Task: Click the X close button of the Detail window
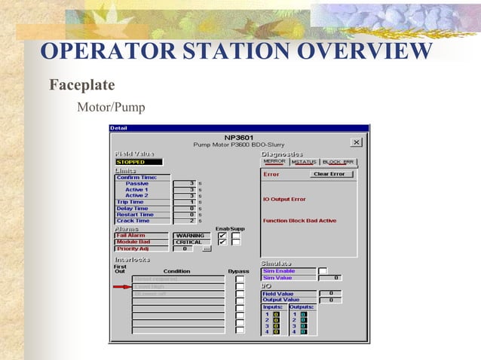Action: click(356, 142)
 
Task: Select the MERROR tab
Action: click(274, 161)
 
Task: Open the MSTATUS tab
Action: click(304, 161)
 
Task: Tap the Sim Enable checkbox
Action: click(323, 271)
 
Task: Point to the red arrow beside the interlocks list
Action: click(121, 286)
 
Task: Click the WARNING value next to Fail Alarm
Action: click(189, 235)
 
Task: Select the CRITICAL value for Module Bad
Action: click(189, 242)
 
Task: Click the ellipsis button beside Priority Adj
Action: click(207, 249)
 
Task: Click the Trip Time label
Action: click(130, 202)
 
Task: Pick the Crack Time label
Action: click(133, 221)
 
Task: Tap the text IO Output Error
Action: click(284, 199)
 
